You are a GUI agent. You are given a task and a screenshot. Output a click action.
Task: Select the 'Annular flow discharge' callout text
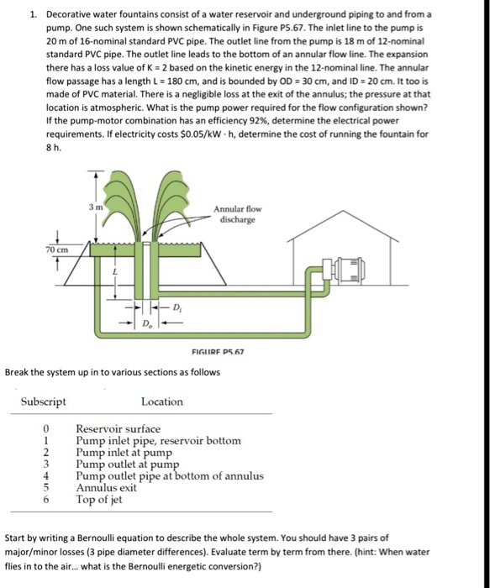pyautogui.click(x=238, y=215)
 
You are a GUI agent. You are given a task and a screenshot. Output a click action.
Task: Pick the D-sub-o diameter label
pyautogui.click(x=148, y=323)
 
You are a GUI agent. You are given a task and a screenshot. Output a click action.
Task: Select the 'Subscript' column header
pyautogui.click(x=43, y=402)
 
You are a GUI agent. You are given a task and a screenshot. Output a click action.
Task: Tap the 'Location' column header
pyautogui.click(x=161, y=402)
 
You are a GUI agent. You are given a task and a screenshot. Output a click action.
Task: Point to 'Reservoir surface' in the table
pyautogui.click(x=118, y=428)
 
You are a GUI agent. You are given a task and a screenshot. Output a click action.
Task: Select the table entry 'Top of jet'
pyautogui.click(x=100, y=499)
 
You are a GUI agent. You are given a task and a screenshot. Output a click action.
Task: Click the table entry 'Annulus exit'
pyautogui.click(x=106, y=487)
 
